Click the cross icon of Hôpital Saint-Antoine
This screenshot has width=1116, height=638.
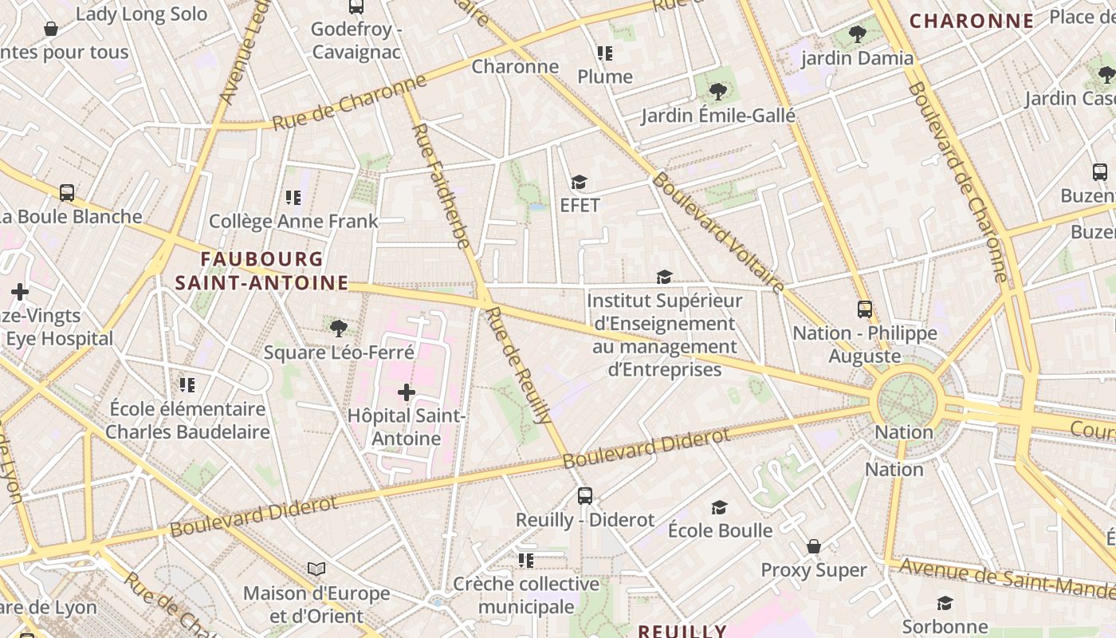coord(407,392)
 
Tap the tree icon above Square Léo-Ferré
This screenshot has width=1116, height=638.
coord(338,328)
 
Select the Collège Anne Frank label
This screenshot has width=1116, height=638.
coord(293,221)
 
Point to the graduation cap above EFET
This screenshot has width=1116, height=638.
coord(579,183)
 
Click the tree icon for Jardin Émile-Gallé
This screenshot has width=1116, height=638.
coord(717,92)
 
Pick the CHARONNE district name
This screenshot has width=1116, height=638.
coord(972,22)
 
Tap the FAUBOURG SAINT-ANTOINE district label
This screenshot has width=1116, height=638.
coord(261,271)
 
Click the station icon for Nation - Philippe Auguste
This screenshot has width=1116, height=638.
coord(864,309)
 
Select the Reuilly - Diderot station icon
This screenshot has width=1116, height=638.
coord(584,496)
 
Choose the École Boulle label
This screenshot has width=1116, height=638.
coord(720,530)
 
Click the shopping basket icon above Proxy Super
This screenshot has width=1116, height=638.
coord(814,546)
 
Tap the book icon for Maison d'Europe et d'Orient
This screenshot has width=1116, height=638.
coord(316,569)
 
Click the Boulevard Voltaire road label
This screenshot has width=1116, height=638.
coord(718,231)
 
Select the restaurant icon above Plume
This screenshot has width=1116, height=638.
coord(605,53)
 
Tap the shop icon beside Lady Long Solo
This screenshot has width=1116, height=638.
coord(51,30)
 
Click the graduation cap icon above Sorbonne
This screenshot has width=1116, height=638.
coord(945,603)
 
